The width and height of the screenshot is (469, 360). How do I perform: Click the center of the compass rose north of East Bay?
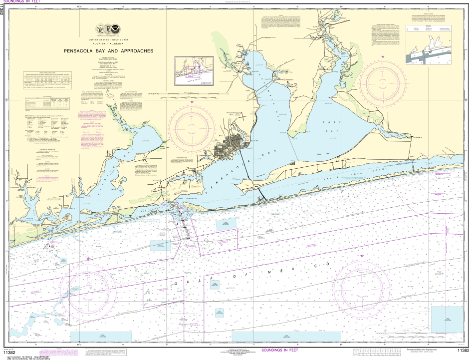click(x=383, y=81)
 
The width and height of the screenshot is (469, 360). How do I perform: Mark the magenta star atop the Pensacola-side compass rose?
click(x=193, y=102)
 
